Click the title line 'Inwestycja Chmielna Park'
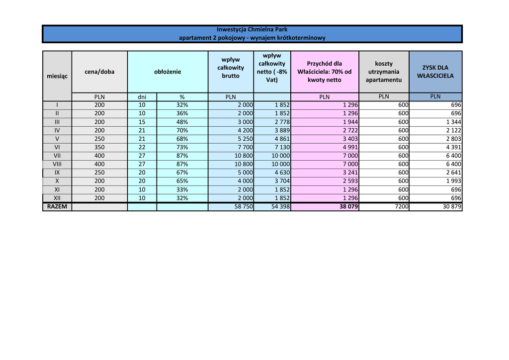252,30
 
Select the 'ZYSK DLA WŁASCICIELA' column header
435,72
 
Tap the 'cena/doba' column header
99,72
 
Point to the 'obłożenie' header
168,72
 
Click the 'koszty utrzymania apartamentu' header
384,72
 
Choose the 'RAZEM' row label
57,206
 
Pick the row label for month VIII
57,164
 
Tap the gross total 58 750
243,206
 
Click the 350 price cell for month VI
99,147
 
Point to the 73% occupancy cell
182,147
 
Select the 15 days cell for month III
142,122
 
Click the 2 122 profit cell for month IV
453,130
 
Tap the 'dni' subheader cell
142,97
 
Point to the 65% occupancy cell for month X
182,181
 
